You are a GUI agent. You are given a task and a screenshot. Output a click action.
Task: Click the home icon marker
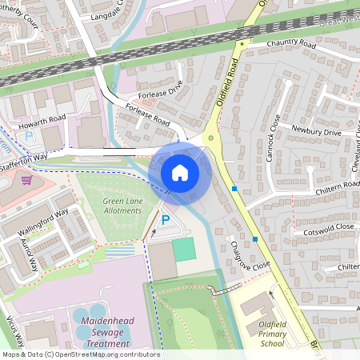pyautogui.click(x=180, y=172)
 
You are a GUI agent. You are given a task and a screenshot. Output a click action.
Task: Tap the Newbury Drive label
pyautogui.click(x=316, y=130)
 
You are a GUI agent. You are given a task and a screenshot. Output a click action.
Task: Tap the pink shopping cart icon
pyautogui.click(x=26, y=179)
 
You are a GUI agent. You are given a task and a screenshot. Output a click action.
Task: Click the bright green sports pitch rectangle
pyautogui.click(x=184, y=249)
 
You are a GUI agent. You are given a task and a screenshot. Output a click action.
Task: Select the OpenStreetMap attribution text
pyautogui.click(x=80, y=354)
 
